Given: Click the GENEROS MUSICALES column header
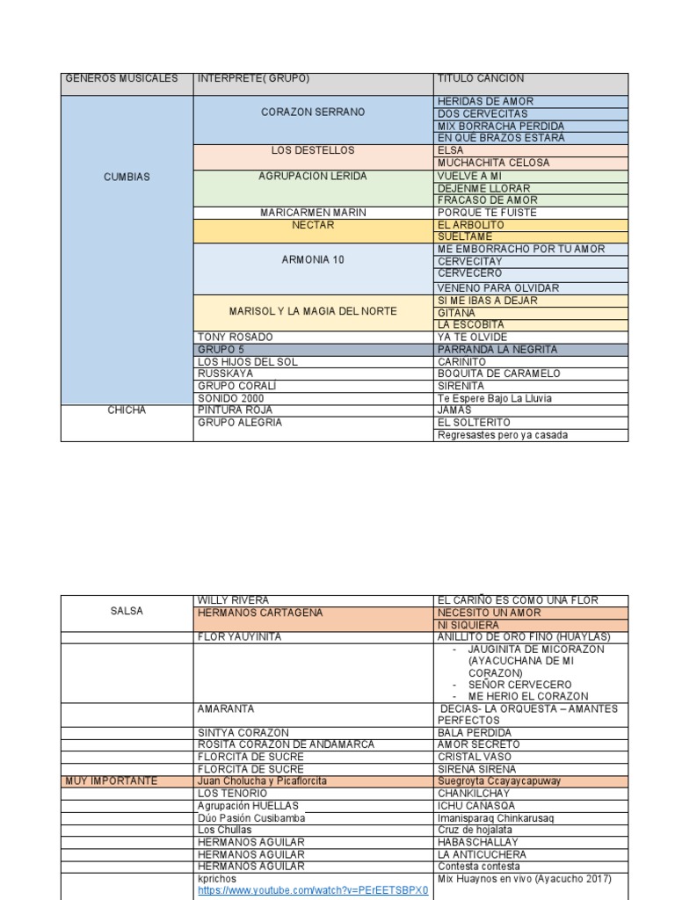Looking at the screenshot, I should (x=121, y=79).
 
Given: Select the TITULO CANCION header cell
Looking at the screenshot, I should (x=481, y=79).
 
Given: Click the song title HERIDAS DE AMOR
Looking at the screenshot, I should (x=485, y=102).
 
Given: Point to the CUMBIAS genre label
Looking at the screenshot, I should (x=127, y=177).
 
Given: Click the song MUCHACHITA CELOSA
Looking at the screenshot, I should (x=493, y=163).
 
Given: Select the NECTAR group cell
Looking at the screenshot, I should (x=313, y=225).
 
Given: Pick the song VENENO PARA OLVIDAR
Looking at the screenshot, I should (x=497, y=288).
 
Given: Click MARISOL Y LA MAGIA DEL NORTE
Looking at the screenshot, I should (x=313, y=311).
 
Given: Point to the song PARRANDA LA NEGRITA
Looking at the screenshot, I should (x=497, y=350).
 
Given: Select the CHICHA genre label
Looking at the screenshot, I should (x=127, y=410).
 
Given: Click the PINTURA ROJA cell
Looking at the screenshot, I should (x=235, y=410).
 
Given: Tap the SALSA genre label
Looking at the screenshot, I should (x=127, y=611).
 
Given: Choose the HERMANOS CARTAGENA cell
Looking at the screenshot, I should (x=260, y=613).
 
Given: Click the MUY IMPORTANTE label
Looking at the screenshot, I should (x=111, y=780).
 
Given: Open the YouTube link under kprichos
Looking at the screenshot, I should (x=313, y=890).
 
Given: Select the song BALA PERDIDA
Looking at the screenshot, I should (x=474, y=732).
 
